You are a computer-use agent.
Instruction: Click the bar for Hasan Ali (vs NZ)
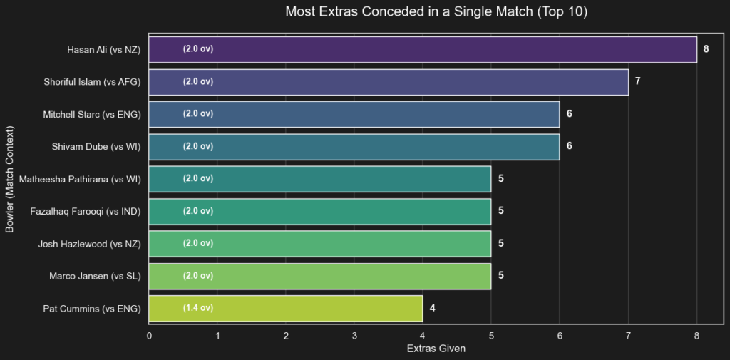tap(423, 49)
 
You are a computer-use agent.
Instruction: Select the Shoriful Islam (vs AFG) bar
tap(389, 82)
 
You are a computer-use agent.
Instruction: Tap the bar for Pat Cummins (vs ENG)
tap(286, 308)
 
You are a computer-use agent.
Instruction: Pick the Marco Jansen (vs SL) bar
tap(320, 276)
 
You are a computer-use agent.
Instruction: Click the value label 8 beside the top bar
tap(706, 49)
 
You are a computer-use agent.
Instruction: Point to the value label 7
tap(637, 82)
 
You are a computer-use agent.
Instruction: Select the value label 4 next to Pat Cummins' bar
tap(432, 308)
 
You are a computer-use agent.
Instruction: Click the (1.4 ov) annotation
tap(198, 308)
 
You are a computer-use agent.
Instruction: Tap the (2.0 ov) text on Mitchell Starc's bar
tap(198, 114)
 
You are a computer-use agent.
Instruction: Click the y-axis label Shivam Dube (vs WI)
tap(96, 147)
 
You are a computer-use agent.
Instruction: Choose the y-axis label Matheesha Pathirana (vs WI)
tap(81, 179)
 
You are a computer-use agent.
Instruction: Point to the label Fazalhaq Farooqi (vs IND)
tap(86, 211)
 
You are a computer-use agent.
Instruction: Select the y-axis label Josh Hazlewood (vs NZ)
tap(89, 244)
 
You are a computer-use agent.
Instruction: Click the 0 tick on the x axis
tap(149, 335)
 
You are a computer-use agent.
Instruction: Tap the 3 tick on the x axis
tap(354, 335)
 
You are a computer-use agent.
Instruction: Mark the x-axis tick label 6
tap(560, 335)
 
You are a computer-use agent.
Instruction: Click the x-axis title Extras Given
tap(436, 349)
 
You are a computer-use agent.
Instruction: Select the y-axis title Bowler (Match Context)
tap(10, 179)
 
